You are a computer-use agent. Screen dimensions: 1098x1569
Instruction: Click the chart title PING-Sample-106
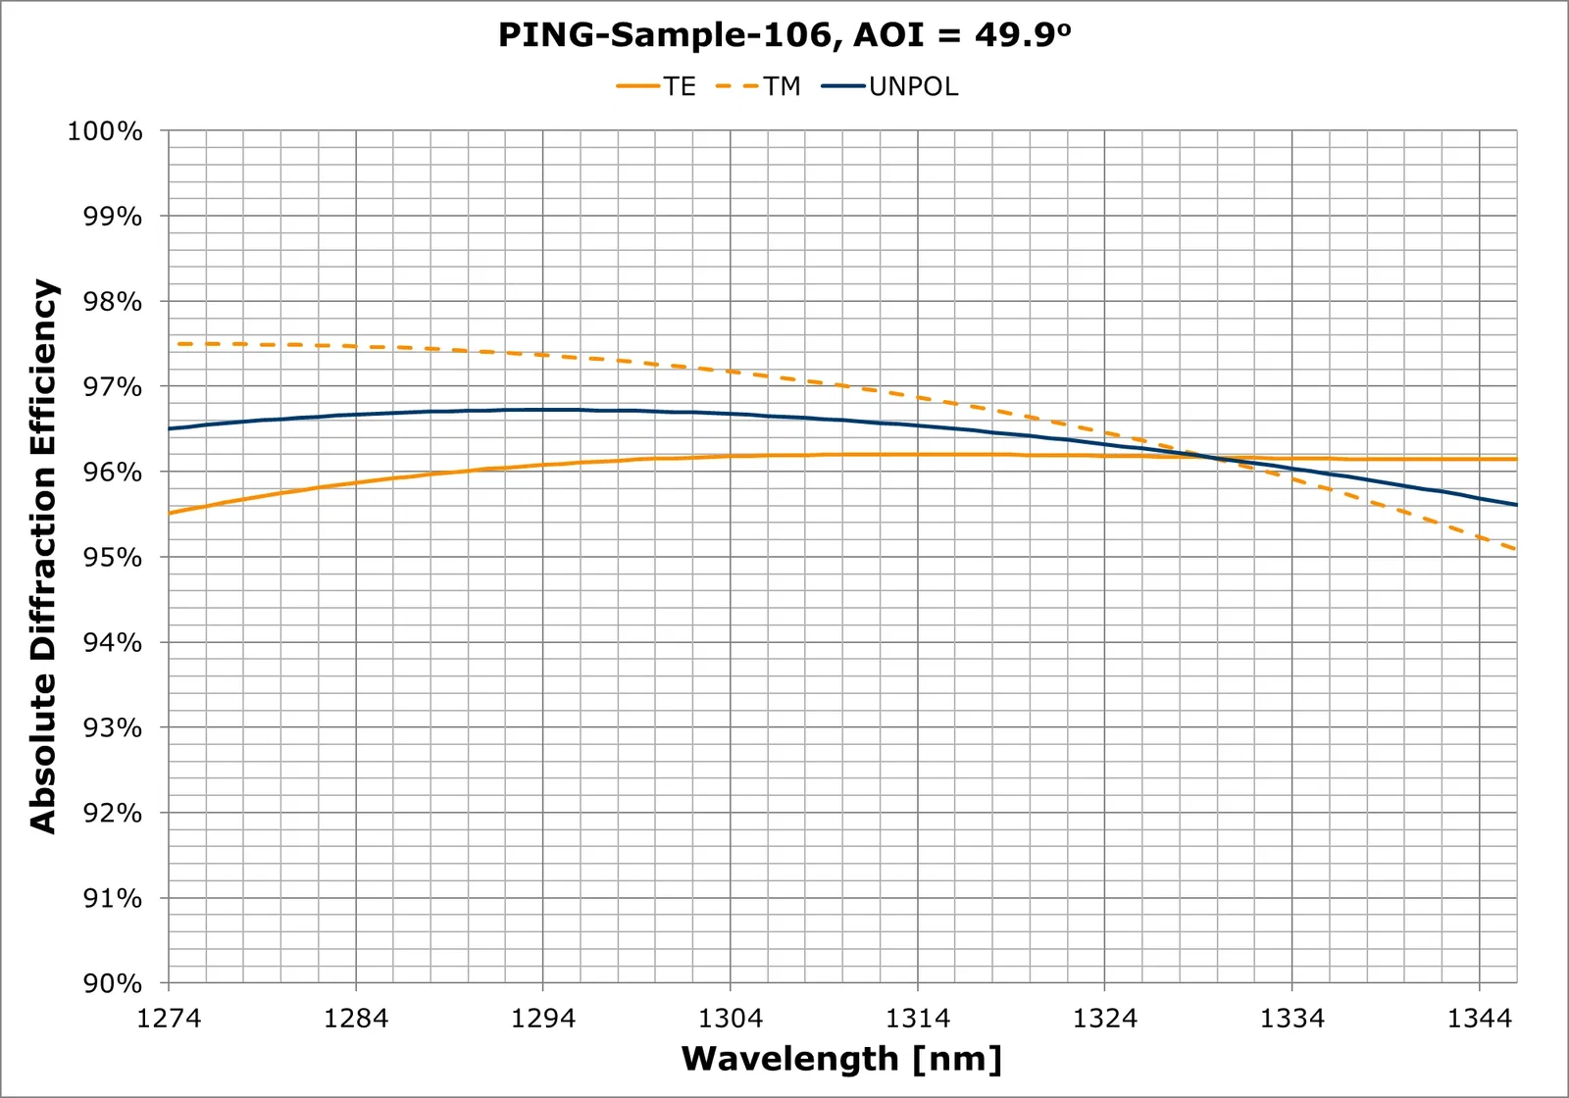click(x=784, y=35)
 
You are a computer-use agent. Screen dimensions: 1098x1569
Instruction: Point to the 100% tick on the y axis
click(x=105, y=131)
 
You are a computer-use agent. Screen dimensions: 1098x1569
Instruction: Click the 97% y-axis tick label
click(x=112, y=387)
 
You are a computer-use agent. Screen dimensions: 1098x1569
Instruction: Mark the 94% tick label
click(x=112, y=643)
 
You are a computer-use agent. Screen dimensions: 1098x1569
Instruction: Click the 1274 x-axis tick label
click(x=169, y=1019)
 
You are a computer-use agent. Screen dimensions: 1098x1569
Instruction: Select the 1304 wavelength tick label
click(x=730, y=1019)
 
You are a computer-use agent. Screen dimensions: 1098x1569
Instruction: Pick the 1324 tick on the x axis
click(x=1104, y=1019)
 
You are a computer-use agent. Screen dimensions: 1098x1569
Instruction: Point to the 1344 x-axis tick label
click(x=1479, y=1019)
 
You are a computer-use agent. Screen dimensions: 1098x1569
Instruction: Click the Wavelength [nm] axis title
click(x=841, y=1059)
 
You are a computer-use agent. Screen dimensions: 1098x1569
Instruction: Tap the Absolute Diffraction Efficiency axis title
click(x=44, y=556)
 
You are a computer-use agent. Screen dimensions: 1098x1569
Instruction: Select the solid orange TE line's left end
click(x=170, y=513)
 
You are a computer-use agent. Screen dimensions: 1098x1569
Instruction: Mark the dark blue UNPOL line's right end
click(x=1516, y=505)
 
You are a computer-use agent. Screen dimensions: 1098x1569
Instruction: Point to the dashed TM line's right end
click(x=1516, y=549)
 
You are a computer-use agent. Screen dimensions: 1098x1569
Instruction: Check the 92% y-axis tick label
click(x=112, y=814)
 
